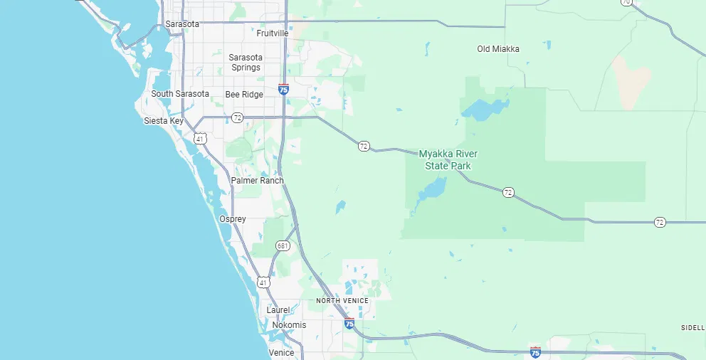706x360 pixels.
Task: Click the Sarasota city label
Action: (182, 24)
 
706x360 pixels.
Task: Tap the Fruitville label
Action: (273, 33)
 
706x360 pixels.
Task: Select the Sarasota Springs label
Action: (246, 63)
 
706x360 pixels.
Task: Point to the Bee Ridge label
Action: (244, 95)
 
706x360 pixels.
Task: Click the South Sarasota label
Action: (180, 94)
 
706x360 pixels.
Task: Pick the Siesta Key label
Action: (164, 121)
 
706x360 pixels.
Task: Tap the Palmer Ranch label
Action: (257, 181)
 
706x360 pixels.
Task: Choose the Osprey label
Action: (233, 219)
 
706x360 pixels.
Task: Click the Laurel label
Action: (278, 310)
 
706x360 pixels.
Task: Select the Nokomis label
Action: (288, 325)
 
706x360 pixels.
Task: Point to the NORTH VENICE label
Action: (342, 301)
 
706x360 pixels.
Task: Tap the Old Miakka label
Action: (498, 49)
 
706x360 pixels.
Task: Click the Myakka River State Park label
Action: (448, 160)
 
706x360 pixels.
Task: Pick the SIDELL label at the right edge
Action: (692, 327)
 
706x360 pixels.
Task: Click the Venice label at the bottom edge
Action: (281, 353)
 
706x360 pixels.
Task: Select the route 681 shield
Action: (283, 246)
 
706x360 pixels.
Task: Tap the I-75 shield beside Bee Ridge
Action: (284, 90)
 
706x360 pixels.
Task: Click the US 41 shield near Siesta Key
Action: (201, 139)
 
